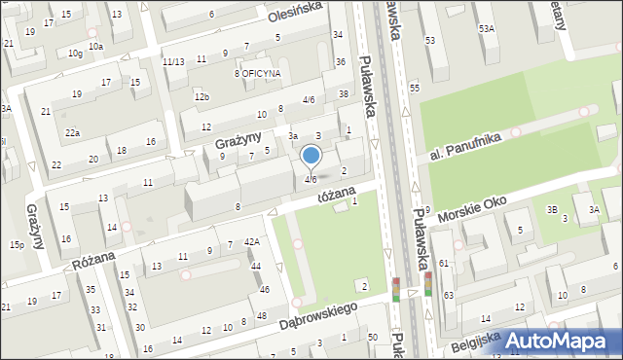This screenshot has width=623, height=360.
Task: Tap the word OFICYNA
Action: pyautogui.click(x=262, y=73)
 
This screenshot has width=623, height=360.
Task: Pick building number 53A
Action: pyautogui.click(x=486, y=30)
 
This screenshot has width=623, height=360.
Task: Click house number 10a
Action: pyautogui.click(x=95, y=46)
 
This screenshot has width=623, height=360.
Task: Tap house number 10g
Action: pyautogui.click(x=75, y=54)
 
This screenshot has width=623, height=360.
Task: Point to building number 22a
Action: pyautogui.click(x=72, y=132)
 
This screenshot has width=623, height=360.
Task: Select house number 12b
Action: pyautogui.click(x=202, y=96)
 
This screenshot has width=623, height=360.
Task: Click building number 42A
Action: pyautogui.click(x=251, y=241)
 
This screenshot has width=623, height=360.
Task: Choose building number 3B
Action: pyautogui.click(x=552, y=209)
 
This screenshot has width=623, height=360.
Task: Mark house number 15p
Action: pyautogui.click(x=17, y=244)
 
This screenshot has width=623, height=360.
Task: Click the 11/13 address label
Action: pyautogui.click(x=173, y=61)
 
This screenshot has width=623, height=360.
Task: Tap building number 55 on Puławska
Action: pyautogui.click(x=414, y=89)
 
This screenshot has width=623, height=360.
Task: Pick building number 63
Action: pyautogui.click(x=449, y=295)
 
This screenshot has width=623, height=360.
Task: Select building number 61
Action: pyautogui.click(x=444, y=264)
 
